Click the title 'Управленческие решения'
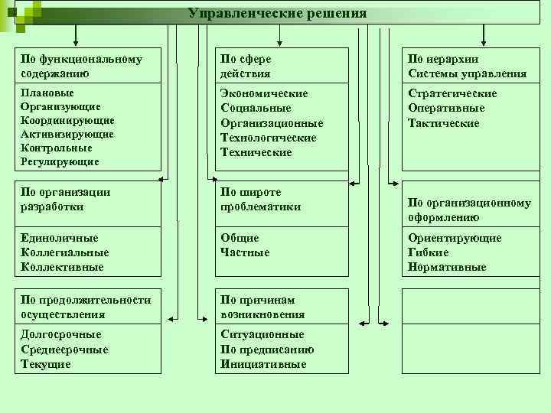tap(278, 14)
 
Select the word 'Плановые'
tap(45, 93)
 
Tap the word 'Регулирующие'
tap(60, 161)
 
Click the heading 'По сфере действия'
tap(246, 66)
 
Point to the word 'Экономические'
tap(264, 93)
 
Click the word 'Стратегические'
tap(452, 93)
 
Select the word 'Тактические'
tap(444, 123)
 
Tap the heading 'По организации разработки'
tap(66, 199)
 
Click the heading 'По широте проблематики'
tap(261, 199)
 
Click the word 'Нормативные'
tap(447, 267)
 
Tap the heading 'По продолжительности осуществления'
tap(86, 307)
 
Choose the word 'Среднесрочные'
tap(64, 350)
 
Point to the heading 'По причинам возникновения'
tap(262, 307)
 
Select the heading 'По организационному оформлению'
tap(469, 210)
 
